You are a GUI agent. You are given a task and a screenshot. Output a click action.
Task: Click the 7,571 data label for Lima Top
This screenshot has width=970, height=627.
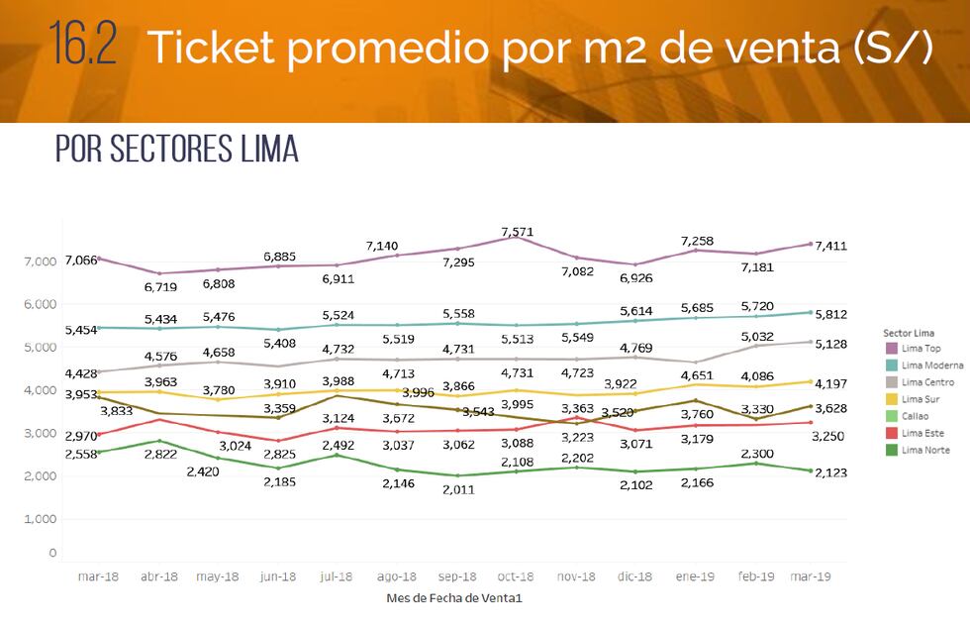pos(517,232)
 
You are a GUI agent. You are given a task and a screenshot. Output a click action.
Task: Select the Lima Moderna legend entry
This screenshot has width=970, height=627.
pos(926,366)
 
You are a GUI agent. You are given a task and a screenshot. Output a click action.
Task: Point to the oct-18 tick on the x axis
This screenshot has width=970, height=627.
pos(517,576)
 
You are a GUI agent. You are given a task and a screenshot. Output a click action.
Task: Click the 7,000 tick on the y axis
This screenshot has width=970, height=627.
pos(41,261)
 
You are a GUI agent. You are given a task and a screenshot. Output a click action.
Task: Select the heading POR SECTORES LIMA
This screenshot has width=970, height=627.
pos(176,149)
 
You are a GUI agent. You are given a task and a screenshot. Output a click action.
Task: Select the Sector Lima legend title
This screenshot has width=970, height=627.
pos(909,333)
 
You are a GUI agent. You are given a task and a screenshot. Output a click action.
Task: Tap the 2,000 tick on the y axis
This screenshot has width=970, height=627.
pos(41,476)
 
